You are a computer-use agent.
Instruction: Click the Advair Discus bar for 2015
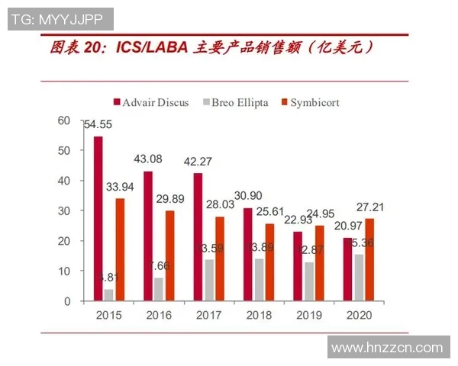pyautogui.click(x=98, y=219)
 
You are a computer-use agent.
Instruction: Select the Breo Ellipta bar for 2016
pyautogui.click(x=158, y=289)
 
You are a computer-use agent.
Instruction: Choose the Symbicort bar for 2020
pyautogui.click(x=369, y=260)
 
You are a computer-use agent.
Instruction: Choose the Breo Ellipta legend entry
pyautogui.click(x=237, y=101)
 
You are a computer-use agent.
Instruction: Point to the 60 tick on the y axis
pyautogui.click(x=63, y=120)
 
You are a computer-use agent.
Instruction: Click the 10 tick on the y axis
pyautogui.click(x=63, y=271)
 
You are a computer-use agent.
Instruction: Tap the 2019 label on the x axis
pyautogui.click(x=309, y=314)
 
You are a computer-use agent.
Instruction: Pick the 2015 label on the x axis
pyautogui.click(x=108, y=314)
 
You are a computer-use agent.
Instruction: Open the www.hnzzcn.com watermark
pyautogui.click(x=387, y=348)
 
